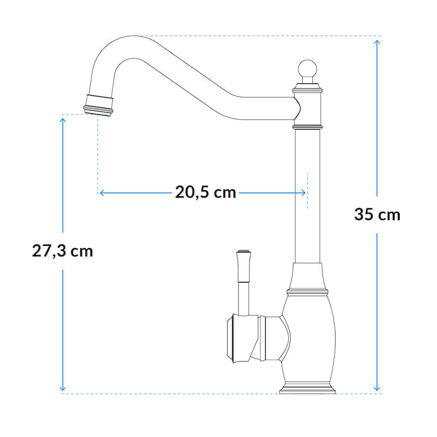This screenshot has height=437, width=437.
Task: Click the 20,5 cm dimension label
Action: [x=205, y=193]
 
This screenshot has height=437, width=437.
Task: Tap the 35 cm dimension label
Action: [x=377, y=214]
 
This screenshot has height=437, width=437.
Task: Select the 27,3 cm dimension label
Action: [x=62, y=251]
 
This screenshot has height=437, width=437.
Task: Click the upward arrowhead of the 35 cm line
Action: [x=377, y=42]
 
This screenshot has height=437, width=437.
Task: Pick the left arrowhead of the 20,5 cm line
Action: [x=102, y=193]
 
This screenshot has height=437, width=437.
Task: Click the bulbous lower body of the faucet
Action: [x=308, y=335]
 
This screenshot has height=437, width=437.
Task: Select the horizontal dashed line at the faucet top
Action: [x=257, y=35]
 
